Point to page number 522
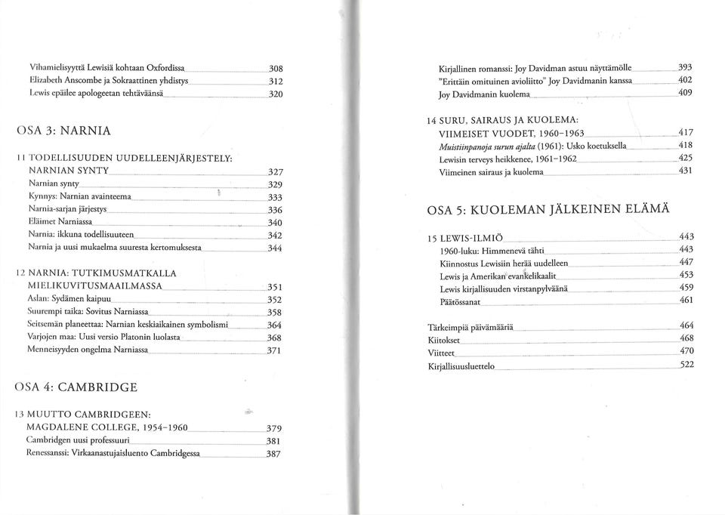pyautogui.click(x=686, y=365)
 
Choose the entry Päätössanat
pyautogui.click(x=461, y=301)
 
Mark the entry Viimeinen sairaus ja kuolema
pyautogui.click(x=491, y=173)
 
